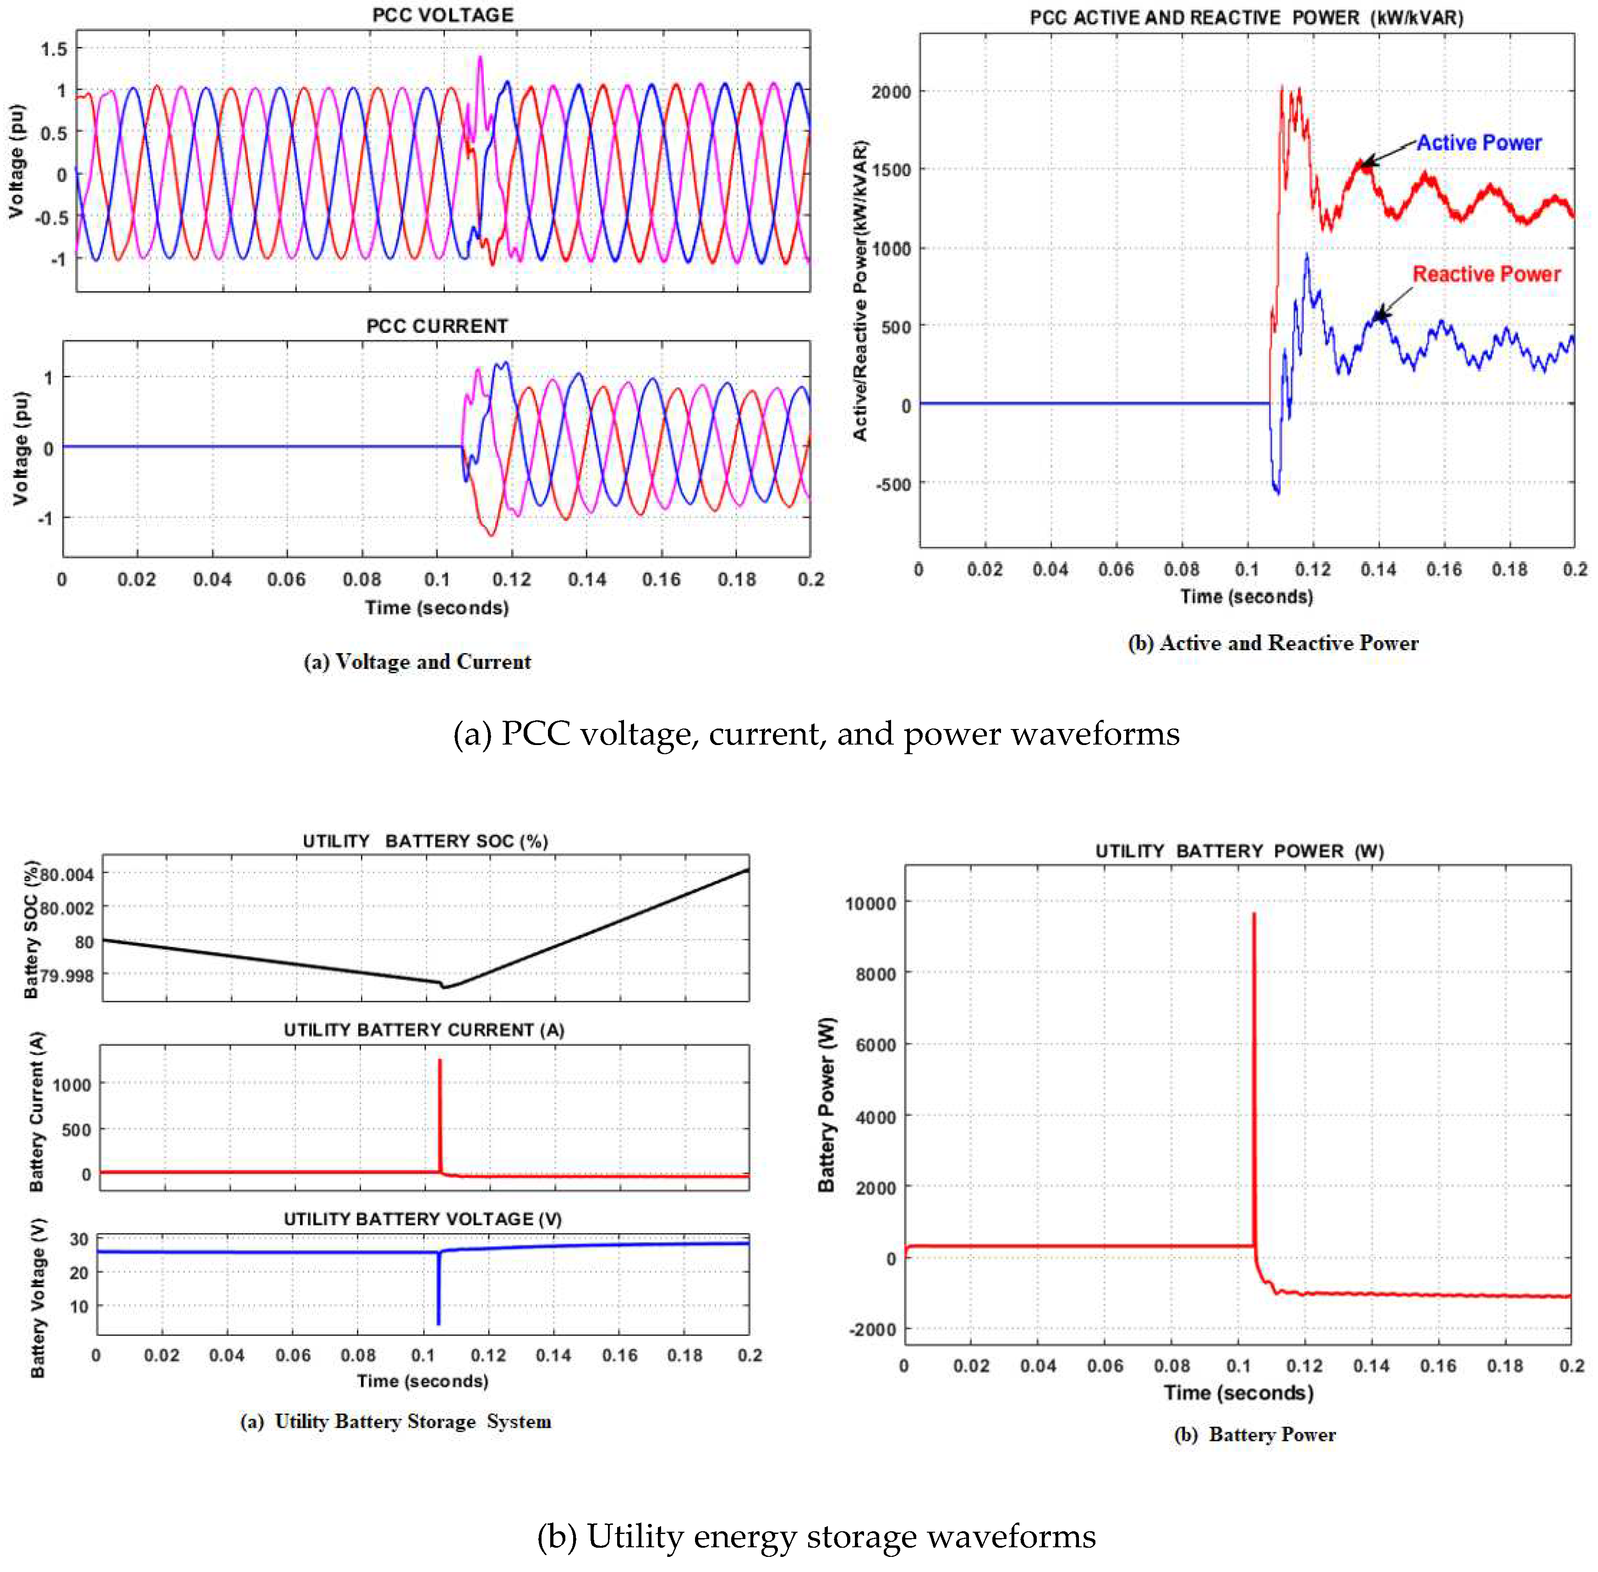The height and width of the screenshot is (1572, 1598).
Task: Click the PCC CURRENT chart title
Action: [437, 326]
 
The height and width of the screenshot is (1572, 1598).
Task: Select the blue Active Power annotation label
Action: [1479, 143]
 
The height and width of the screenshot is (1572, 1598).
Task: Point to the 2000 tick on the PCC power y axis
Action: [891, 92]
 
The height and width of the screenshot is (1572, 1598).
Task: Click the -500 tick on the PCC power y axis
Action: [893, 484]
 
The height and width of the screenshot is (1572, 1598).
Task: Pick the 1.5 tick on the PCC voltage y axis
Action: [55, 49]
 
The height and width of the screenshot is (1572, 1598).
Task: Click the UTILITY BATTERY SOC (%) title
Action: [425, 841]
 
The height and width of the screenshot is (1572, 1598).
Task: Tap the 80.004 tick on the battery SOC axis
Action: [67, 874]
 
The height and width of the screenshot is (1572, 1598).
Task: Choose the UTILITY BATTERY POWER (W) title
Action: [1239, 850]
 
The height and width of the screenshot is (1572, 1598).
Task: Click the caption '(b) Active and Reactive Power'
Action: [1273, 643]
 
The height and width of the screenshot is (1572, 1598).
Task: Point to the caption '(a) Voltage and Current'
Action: [417, 661]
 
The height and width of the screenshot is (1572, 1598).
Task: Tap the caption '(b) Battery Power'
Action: [1254, 1434]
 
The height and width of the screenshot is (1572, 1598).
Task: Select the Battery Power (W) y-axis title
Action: [826, 1104]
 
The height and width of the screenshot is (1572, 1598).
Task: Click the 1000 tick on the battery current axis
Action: [72, 1085]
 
